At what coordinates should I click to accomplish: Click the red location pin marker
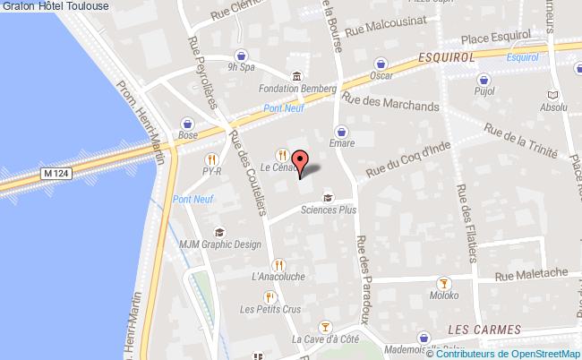[x=301, y=161]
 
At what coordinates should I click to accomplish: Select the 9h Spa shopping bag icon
[x=243, y=52]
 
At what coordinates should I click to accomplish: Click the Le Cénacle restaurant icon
[x=282, y=153]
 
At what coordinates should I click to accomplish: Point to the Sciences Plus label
[x=328, y=211]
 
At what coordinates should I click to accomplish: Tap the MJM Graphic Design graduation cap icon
[x=221, y=232]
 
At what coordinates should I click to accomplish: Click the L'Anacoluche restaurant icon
[x=279, y=264]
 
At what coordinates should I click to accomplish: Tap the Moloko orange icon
[x=454, y=294]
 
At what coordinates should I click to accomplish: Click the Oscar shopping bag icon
[x=382, y=63]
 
